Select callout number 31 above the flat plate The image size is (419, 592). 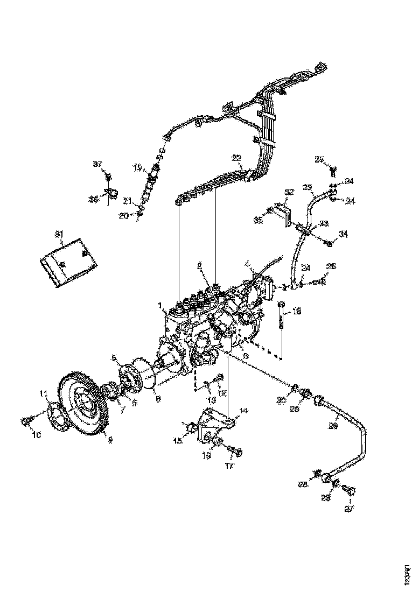click(x=59, y=234)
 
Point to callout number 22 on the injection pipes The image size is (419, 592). click(x=236, y=158)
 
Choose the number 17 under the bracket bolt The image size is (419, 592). click(x=230, y=466)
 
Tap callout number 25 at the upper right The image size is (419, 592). click(x=319, y=159)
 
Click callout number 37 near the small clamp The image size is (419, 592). click(x=97, y=164)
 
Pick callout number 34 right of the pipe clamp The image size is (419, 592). click(x=344, y=234)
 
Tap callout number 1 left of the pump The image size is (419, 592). click(x=160, y=306)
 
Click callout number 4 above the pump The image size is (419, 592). click(x=247, y=264)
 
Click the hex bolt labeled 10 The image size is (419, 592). click(x=26, y=421)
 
